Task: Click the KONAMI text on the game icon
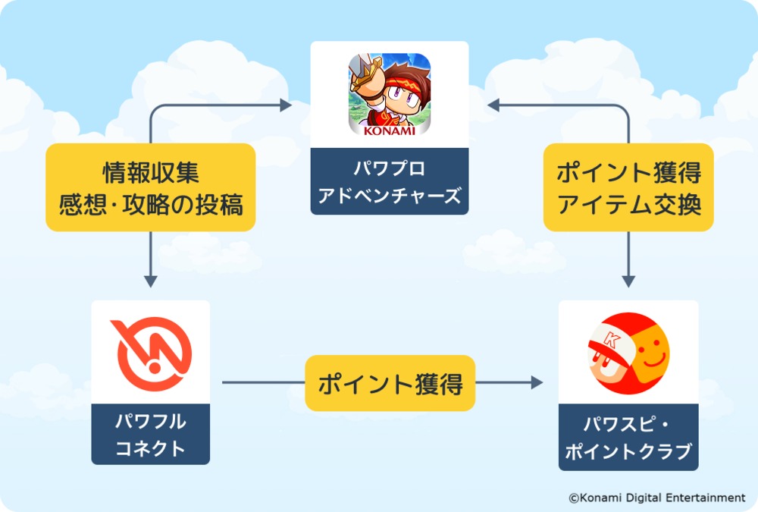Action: point(390,130)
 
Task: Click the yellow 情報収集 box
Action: point(150,187)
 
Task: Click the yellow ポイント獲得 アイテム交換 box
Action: point(628,187)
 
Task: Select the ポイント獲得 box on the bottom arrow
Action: point(390,384)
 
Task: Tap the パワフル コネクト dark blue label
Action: point(150,435)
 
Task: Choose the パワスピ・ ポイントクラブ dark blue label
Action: point(628,438)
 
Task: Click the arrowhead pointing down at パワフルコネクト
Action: point(150,280)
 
